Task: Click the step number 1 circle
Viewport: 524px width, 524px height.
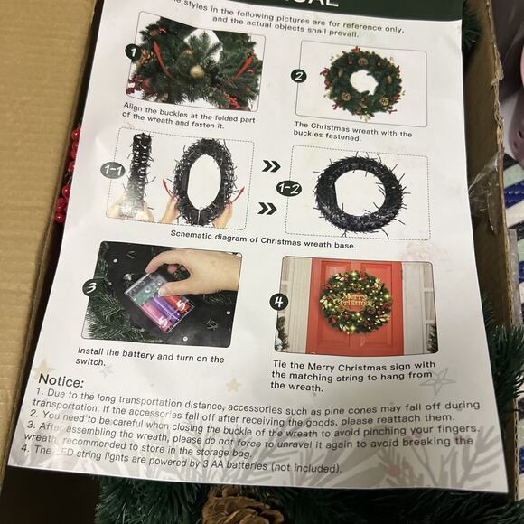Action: click(132, 51)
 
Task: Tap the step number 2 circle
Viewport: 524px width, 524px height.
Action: click(299, 76)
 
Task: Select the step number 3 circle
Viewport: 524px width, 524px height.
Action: click(90, 288)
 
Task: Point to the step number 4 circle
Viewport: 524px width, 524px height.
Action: click(280, 301)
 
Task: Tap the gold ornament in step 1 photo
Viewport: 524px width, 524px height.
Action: click(196, 70)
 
